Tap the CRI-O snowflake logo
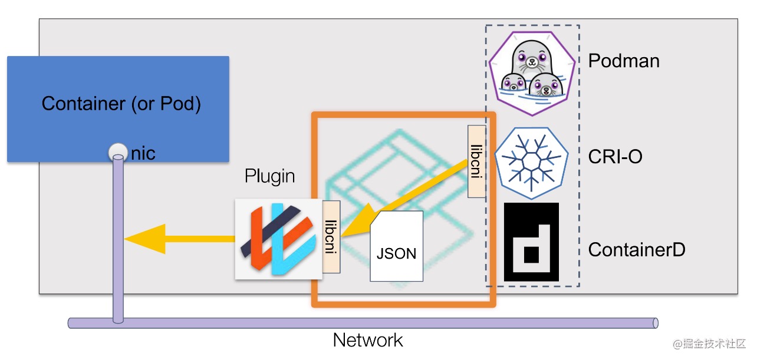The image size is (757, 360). click(531, 158)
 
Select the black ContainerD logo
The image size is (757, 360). click(531, 242)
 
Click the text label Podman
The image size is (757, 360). click(624, 60)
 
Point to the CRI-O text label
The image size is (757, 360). click(615, 157)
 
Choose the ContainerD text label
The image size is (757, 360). click(637, 250)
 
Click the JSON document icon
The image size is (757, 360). click(396, 246)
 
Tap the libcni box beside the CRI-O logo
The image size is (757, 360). click(477, 161)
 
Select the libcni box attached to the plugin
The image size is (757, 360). click(331, 237)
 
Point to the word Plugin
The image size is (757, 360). click(270, 176)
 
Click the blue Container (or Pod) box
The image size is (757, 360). click(118, 109)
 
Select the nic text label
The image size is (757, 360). click(143, 154)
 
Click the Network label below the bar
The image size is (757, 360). click(368, 341)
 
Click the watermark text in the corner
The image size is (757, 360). click(711, 344)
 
